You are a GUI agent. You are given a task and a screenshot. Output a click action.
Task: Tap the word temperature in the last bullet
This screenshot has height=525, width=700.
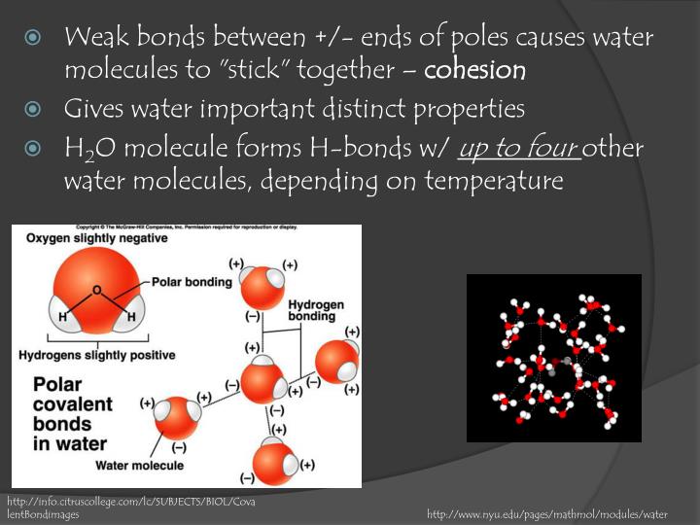494,181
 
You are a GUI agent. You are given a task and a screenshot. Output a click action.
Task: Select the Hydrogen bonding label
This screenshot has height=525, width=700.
316,311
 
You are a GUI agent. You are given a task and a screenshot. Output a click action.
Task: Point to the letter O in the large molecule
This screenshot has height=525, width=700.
97,290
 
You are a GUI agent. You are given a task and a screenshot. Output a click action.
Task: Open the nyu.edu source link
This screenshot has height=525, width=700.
547,513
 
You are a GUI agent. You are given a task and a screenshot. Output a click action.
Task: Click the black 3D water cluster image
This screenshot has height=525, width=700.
554,358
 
